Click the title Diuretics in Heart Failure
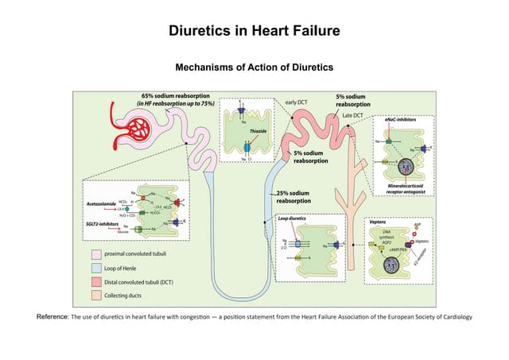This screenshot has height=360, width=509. [x=254, y=31]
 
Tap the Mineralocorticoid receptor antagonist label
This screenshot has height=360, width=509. [x=404, y=188]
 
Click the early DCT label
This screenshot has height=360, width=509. [x=296, y=102]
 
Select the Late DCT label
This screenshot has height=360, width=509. [x=353, y=116]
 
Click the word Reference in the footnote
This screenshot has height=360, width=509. [x=52, y=317]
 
